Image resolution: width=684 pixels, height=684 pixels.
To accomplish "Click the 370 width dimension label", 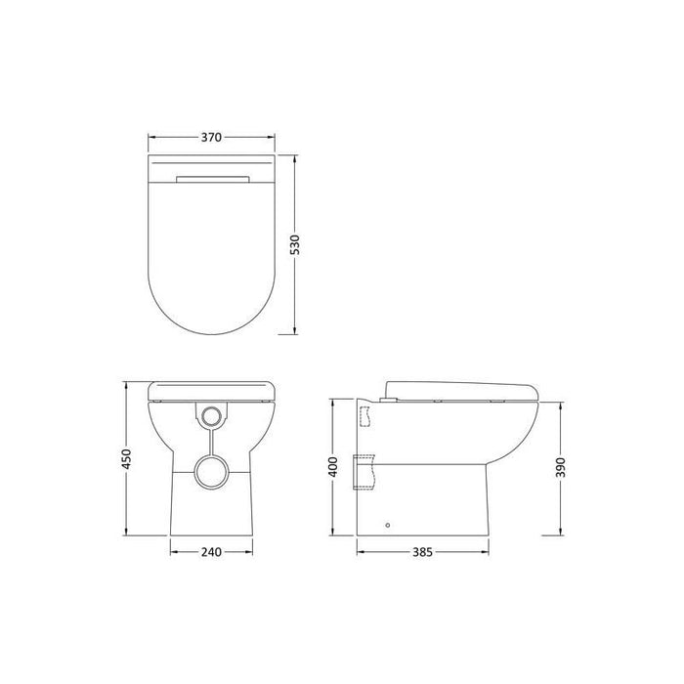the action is [x=212, y=138].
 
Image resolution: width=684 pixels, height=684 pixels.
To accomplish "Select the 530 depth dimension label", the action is [x=295, y=245].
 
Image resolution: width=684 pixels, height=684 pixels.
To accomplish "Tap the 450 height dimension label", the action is [x=126, y=459].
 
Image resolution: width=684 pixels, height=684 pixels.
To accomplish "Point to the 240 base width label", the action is [x=212, y=552].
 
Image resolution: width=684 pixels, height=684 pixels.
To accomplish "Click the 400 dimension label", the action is [x=333, y=467].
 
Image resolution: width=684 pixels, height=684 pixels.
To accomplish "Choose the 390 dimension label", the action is [x=561, y=468].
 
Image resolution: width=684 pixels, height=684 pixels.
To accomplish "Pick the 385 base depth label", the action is [x=423, y=552].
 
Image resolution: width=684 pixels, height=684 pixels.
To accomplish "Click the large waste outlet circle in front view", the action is [x=212, y=472].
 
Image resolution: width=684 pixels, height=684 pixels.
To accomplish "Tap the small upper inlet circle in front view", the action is [x=212, y=416].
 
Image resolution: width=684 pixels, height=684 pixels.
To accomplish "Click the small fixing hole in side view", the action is [x=388, y=526].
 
